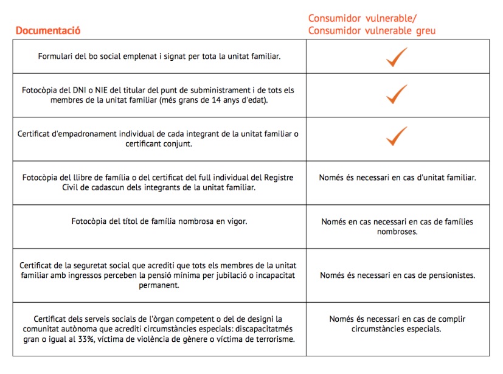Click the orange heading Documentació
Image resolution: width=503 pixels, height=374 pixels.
click(x=48, y=30)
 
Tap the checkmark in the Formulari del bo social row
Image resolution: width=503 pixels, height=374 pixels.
click(x=397, y=57)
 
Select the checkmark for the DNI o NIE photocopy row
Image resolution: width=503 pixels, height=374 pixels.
click(x=397, y=94)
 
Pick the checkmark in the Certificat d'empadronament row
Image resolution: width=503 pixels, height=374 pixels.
click(x=397, y=137)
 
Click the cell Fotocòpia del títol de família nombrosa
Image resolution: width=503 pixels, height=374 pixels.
click(x=159, y=221)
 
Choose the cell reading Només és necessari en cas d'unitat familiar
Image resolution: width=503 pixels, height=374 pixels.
click(x=397, y=178)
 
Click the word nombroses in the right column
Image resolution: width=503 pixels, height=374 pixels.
click(x=397, y=232)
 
